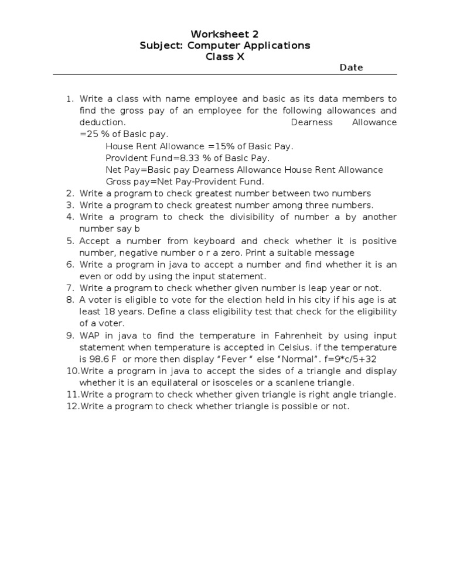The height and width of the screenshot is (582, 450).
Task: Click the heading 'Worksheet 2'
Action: pos(226,34)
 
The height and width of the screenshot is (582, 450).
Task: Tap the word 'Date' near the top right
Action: pos(352,67)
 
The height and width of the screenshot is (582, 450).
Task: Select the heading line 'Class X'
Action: pos(225,56)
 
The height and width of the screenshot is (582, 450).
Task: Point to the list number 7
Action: pos(70,288)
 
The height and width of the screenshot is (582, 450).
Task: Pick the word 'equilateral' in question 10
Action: pos(163,383)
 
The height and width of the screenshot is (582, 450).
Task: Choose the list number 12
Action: pos(71,406)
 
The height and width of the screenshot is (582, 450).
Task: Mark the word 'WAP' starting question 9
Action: pos(90,335)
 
